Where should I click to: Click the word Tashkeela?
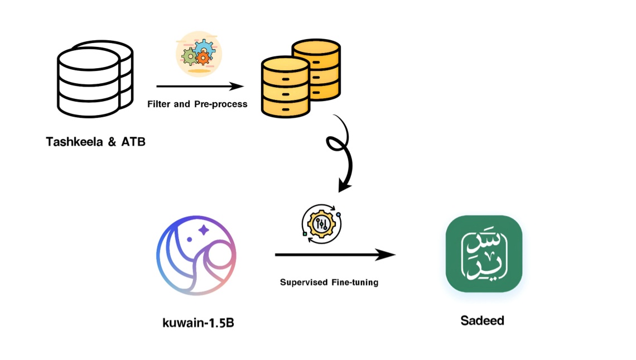[x=75, y=142]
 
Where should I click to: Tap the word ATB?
[x=133, y=142]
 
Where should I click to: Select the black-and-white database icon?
[x=95, y=79]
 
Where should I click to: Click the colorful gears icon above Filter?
[x=199, y=54]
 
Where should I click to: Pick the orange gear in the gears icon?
[x=203, y=59]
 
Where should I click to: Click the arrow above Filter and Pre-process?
[x=200, y=87]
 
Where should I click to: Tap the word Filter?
[x=159, y=104]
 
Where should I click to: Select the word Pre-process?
[x=221, y=104]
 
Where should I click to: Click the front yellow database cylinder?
[x=286, y=87]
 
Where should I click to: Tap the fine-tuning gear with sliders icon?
[x=322, y=224]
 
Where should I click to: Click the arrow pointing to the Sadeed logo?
[x=335, y=255]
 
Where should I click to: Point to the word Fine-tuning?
[x=355, y=282]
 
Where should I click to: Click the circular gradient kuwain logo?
[x=196, y=255]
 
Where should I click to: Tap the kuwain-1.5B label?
[x=199, y=323]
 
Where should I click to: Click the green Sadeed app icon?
[x=484, y=253]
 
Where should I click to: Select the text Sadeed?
[x=482, y=320]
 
